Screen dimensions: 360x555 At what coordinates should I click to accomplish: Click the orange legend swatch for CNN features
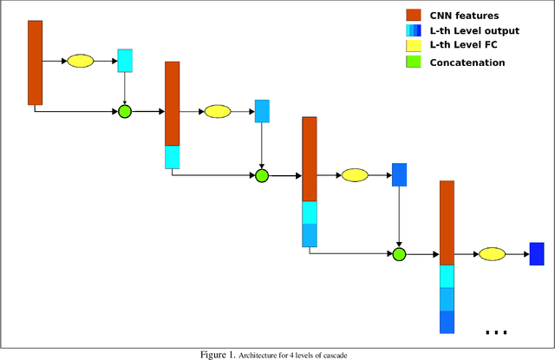[413, 16]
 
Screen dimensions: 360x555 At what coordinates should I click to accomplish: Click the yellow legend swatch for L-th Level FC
[413, 47]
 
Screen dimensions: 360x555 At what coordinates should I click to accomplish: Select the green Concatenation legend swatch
[413, 62]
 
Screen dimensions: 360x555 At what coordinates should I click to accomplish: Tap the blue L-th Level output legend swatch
[413, 31]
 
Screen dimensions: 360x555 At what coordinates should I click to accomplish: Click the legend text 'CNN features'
[464, 16]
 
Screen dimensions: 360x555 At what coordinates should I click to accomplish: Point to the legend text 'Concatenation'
[467, 62]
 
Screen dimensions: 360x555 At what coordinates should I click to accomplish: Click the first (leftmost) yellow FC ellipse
[80, 61]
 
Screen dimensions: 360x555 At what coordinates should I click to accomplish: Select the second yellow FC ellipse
[217, 111]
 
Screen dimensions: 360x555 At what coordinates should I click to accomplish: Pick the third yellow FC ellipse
[355, 175]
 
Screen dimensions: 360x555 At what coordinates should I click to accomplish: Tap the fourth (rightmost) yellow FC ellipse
[492, 254]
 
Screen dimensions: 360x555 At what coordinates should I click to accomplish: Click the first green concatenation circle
[124, 111]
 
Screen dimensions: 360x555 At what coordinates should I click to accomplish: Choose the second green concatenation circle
[262, 175]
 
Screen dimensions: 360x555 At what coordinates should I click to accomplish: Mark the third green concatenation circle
[399, 254]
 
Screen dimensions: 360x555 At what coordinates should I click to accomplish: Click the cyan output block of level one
[125, 60]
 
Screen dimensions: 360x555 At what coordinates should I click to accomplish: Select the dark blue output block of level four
[536, 254]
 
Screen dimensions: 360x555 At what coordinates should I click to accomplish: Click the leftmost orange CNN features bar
[35, 62]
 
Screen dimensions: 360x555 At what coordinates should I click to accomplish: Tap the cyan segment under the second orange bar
[172, 157]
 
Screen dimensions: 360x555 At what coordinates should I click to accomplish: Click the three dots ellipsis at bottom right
[496, 332]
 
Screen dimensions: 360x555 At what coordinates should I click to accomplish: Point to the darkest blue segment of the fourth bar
[447, 322]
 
